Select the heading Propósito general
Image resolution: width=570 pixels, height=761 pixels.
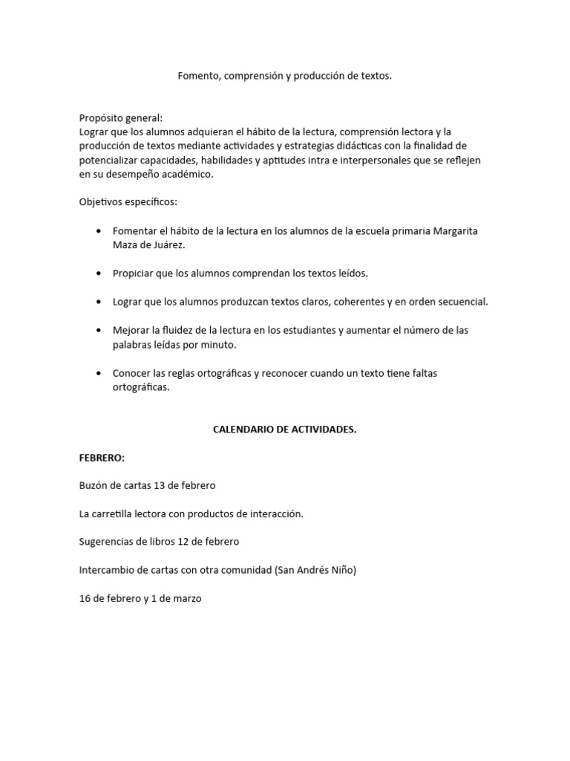(x=121, y=117)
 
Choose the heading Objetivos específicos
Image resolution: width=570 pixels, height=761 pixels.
(x=128, y=202)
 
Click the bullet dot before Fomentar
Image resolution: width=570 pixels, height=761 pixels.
(x=99, y=231)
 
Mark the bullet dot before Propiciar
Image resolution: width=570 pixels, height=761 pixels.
(x=99, y=273)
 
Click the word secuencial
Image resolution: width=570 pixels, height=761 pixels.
(x=459, y=302)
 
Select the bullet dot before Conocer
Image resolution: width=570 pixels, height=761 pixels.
(x=99, y=373)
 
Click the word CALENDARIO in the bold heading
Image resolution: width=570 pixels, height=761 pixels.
(x=246, y=430)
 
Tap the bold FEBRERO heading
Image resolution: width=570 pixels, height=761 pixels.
(x=102, y=458)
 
